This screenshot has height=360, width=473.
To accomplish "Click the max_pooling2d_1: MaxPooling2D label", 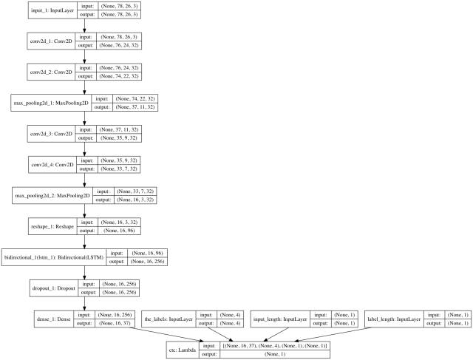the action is click(47, 103).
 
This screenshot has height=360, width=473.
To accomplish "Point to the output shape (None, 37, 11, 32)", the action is click(133, 108).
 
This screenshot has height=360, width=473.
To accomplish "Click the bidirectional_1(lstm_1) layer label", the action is click(54, 257).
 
